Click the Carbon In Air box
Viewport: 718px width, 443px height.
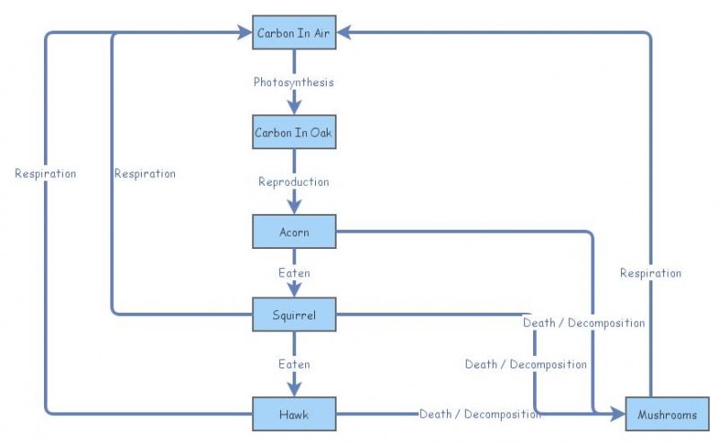293,33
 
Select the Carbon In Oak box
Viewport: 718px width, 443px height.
293,133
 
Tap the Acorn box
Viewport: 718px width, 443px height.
293,232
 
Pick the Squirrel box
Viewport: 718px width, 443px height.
293,315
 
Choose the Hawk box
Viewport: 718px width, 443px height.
293,414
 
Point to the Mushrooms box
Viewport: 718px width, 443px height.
667,414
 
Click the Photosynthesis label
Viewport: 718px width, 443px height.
293,83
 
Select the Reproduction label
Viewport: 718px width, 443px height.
293,182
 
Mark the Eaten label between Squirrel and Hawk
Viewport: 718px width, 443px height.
293,364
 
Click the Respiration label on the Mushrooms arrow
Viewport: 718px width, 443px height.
651,272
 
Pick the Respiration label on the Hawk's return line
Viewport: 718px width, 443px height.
46,173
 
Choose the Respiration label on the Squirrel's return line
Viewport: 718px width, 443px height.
144,173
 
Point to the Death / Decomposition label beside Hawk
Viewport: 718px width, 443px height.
479,414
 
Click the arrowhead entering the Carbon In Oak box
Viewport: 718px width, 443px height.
293,110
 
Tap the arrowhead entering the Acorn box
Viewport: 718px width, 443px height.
293,208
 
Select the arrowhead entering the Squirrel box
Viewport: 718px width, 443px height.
293,291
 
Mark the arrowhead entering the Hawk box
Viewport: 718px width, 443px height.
293,391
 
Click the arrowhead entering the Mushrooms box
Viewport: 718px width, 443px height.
618,414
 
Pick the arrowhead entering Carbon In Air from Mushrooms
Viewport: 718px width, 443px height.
344,33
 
